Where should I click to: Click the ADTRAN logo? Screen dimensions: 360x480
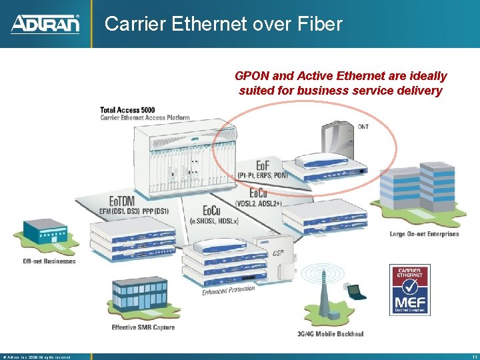[45, 24]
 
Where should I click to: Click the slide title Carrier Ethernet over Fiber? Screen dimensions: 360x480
[223, 24]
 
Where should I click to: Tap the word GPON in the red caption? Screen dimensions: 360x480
[250, 76]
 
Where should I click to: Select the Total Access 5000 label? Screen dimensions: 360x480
[127, 110]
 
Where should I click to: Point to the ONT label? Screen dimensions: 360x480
[363, 126]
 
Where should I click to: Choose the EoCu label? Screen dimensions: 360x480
[261, 193]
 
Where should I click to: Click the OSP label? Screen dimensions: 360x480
[278, 253]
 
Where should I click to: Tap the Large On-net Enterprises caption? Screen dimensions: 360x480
[424, 234]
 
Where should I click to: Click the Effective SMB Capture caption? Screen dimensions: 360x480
[143, 327]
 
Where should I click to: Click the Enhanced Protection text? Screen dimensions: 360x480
[229, 290]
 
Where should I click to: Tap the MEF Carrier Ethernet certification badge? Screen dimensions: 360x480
[410, 289]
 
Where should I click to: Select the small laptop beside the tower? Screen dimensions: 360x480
[355, 291]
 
